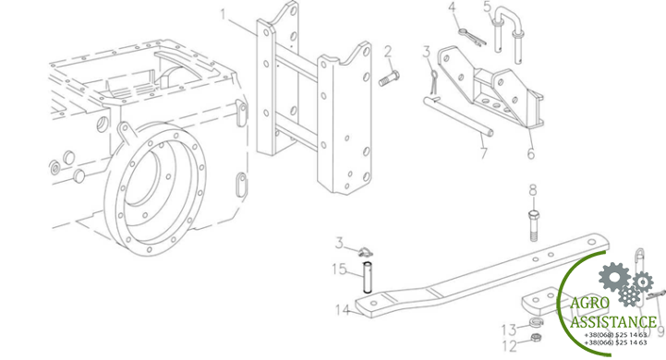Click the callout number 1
pyautogui.click(x=224, y=15)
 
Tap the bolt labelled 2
pyautogui.click(x=389, y=78)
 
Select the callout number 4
pyautogui.click(x=453, y=7)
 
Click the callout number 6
pyautogui.click(x=531, y=153)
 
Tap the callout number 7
pyautogui.click(x=484, y=153)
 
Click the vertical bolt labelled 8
pyautogui.click(x=534, y=225)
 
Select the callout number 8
pyautogui.click(x=533, y=190)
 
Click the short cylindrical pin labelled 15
pyautogui.click(x=367, y=278)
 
